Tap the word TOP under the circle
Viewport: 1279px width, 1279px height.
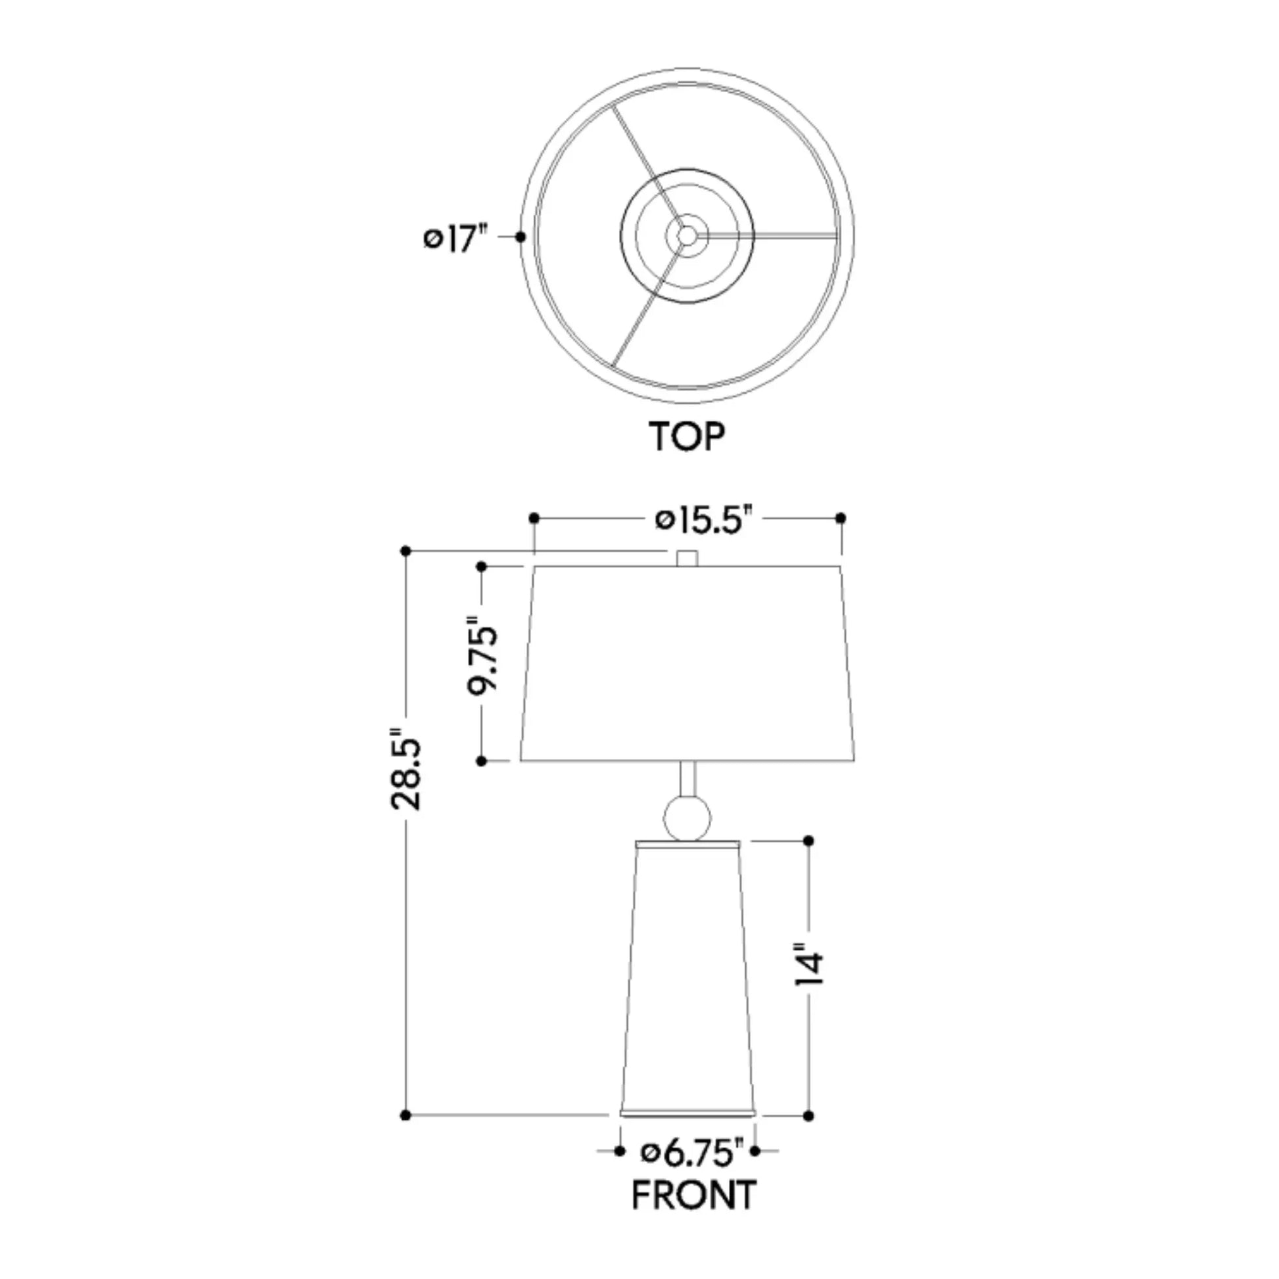point(687,436)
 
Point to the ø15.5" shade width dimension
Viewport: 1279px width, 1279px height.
point(705,520)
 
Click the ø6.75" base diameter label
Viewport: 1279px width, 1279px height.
point(693,1170)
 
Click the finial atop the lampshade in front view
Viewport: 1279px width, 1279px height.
point(687,558)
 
